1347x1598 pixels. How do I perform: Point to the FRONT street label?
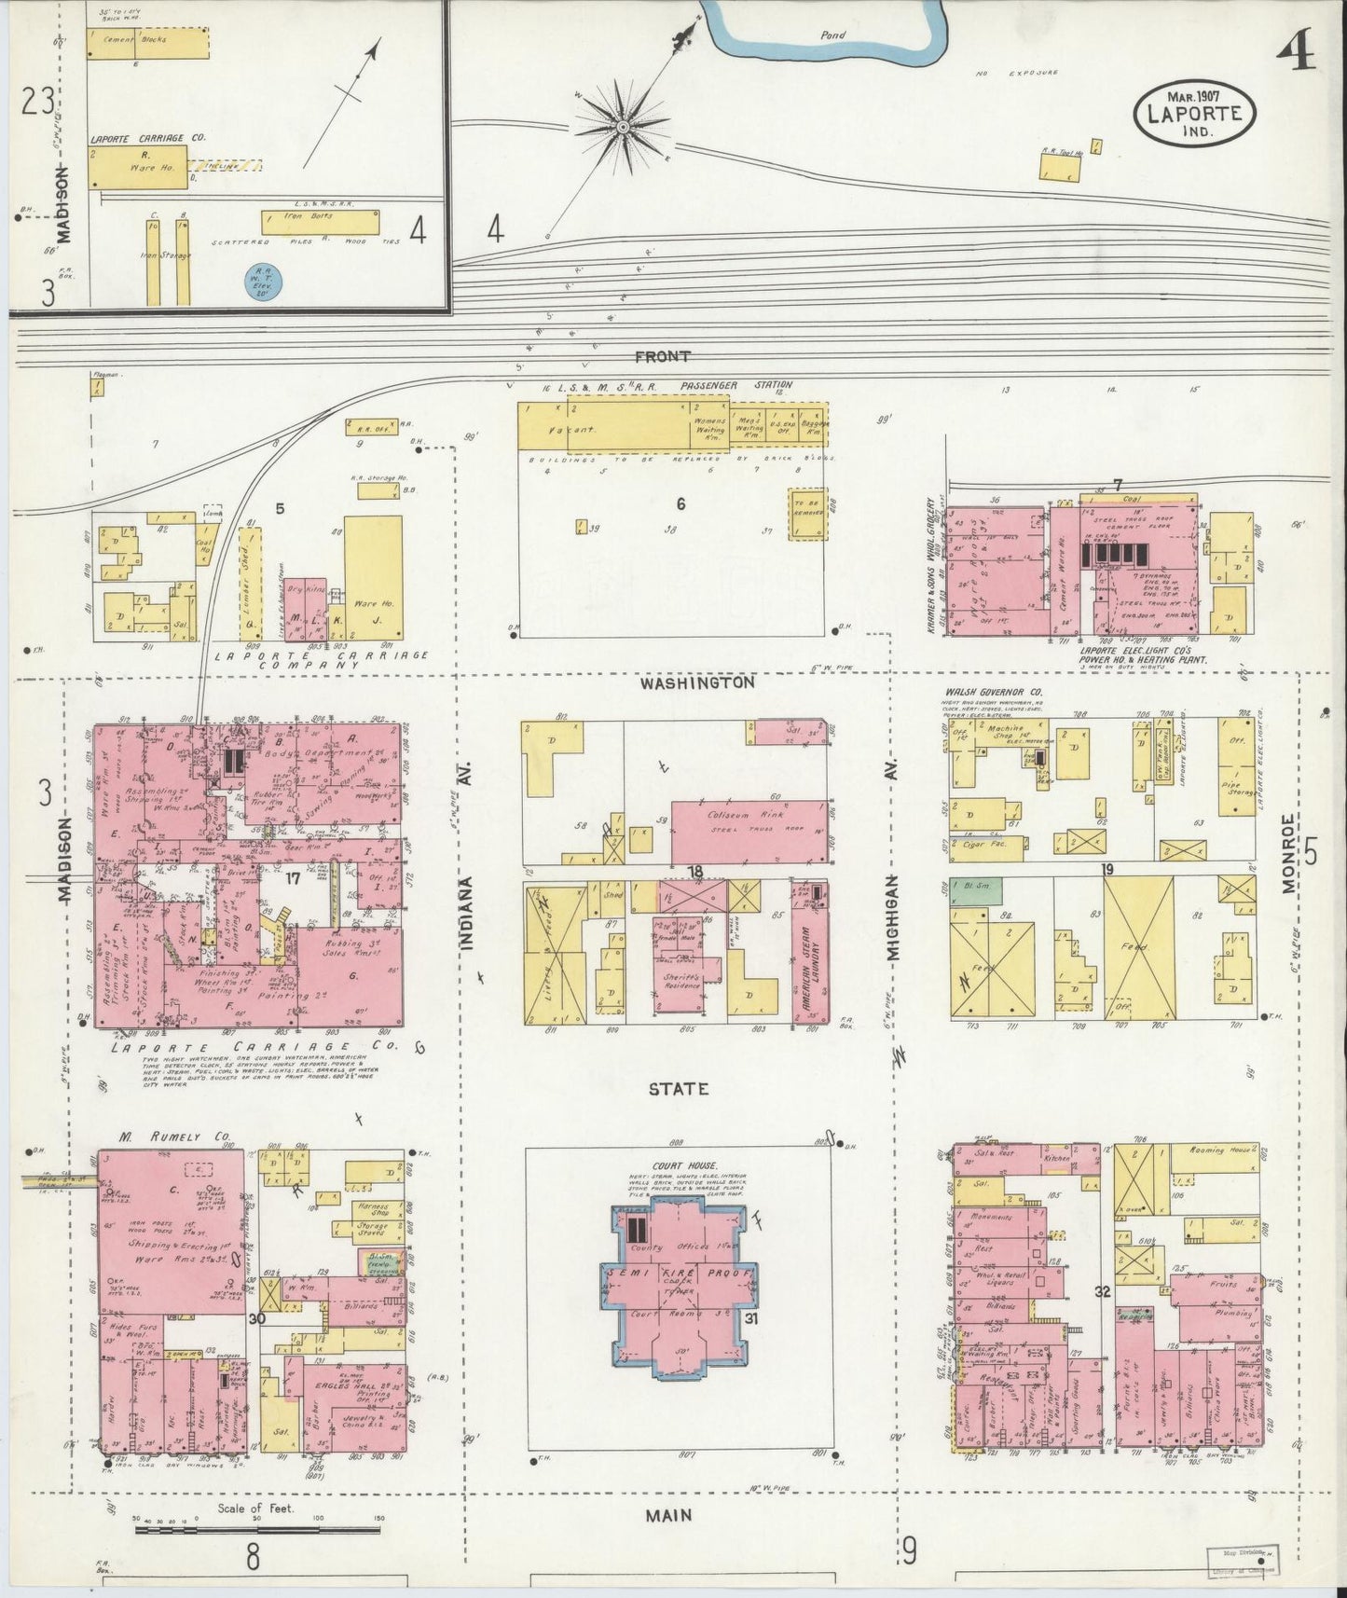[663, 356]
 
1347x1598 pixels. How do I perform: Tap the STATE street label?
[680, 1088]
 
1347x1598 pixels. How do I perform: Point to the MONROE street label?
[1288, 854]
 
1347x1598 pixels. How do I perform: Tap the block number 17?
[293, 878]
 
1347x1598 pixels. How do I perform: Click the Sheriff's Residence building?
[682, 979]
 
